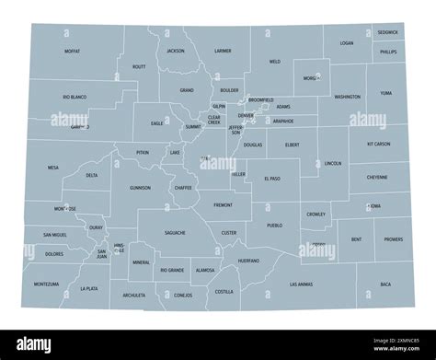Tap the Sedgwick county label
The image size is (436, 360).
[x=388, y=33]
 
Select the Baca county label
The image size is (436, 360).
[x=385, y=285]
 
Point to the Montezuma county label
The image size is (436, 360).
[x=46, y=285]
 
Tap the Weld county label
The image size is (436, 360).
[x=274, y=63]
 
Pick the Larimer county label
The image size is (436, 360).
[x=223, y=52]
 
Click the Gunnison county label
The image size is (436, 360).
[x=140, y=187]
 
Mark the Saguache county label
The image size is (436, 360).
[x=175, y=233]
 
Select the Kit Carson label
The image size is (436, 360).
[x=378, y=145]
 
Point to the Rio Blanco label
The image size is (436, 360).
[x=75, y=97]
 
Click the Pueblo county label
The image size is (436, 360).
[x=274, y=225]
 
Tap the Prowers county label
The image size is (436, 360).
[x=394, y=239]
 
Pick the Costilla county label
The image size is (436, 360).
[x=224, y=291]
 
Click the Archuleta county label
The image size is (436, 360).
[x=134, y=296]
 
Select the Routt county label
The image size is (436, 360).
[x=139, y=67]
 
